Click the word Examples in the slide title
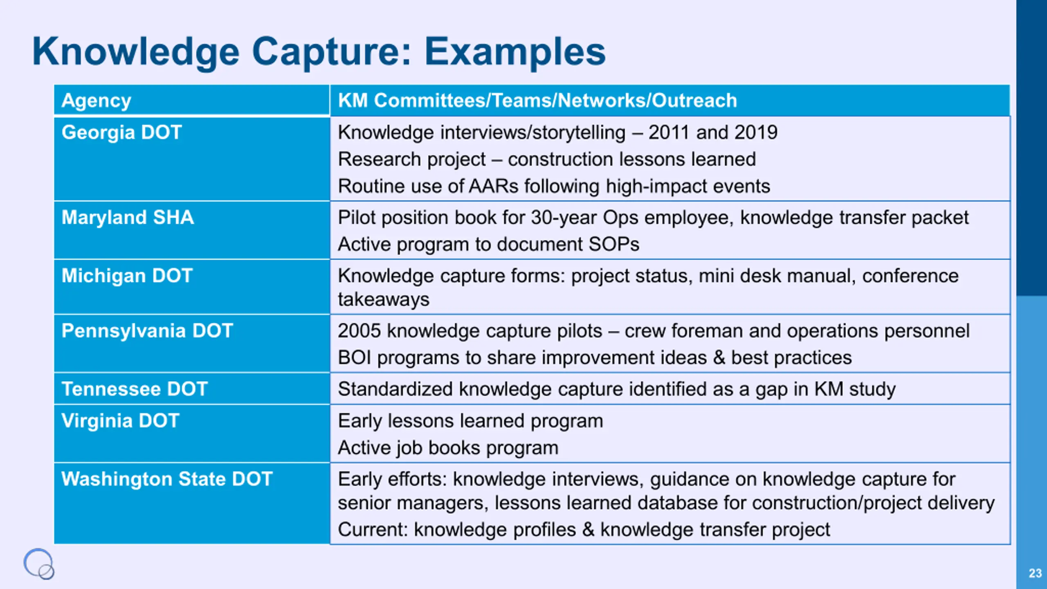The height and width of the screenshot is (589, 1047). coord(515,52)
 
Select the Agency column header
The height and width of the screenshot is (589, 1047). coord(96,101)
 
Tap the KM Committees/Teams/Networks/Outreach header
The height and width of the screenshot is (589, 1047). coord(537,101)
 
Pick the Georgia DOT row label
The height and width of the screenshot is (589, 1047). coord(121,133)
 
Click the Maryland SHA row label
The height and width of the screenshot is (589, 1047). coord(128,217)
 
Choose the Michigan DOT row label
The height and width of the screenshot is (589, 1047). coord(127,276)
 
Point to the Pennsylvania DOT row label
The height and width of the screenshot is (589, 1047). coord(147,331)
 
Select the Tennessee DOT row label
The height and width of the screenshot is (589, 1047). coord(135,389)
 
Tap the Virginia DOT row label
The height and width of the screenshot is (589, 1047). coord(120,421)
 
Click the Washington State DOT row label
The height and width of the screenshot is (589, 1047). coord(167,479)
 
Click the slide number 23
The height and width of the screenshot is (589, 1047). coord(1035,573)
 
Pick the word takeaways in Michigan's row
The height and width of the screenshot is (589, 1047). coord(384,299)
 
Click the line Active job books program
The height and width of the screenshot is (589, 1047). coord(448,448)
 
